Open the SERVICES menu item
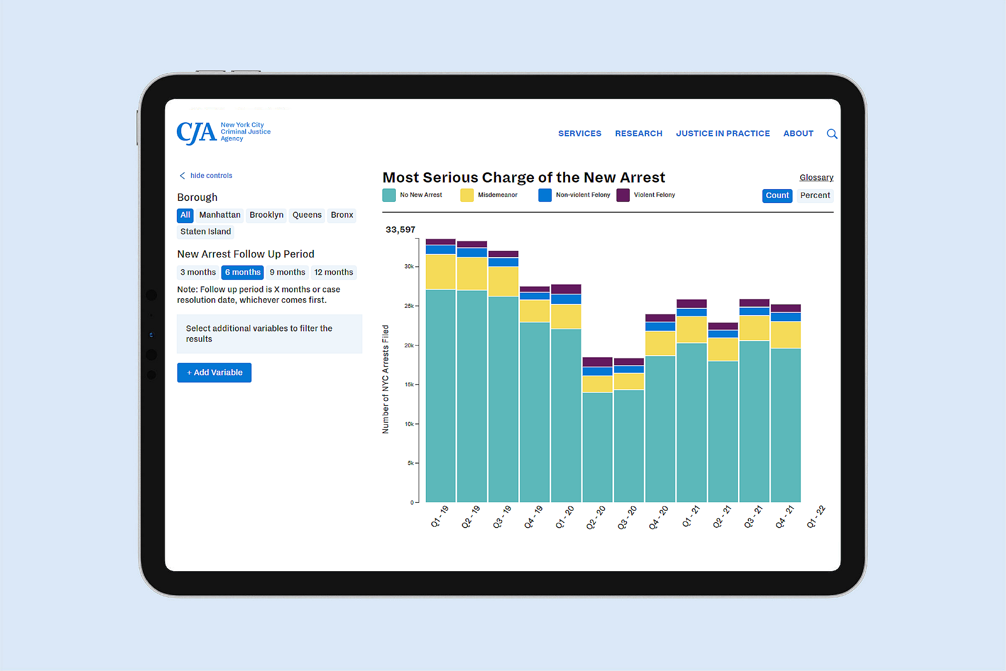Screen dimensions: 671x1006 tap(580, 133)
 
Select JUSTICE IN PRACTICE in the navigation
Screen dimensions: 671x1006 tap(722, 133)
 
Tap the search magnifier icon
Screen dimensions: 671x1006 tap(832, 134)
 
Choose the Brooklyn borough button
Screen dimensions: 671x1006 tap(266, 215)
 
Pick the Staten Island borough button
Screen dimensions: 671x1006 tap(205, 231)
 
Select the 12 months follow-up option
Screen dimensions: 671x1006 tap(333, 272)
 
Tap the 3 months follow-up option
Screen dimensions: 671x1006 tap(197, 272)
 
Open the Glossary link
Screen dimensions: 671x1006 tap(816, 177)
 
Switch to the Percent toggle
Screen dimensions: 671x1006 tap(815, 195)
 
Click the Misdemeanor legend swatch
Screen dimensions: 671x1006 tap(467, 195)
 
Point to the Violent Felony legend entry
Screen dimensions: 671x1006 tap(654, 195)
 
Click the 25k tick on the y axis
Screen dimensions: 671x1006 tap(409, 306)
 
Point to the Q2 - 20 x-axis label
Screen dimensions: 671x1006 tap(595, 518)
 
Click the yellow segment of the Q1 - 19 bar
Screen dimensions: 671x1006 tap(440, 272)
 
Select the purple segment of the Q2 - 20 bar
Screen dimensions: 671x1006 tap(597, 362)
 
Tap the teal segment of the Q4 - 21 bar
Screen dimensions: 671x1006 tap(785, 424)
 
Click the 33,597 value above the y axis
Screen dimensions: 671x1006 tap(400, 230)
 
